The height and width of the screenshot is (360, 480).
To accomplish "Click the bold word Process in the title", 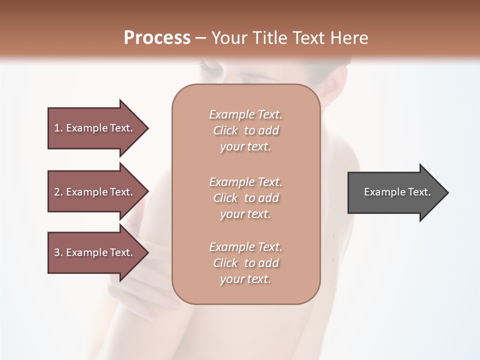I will (157, 37).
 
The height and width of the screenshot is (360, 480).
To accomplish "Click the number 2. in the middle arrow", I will (58, 192).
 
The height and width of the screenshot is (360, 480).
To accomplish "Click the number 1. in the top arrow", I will (58, 128).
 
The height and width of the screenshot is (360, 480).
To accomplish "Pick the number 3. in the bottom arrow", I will (58, 252).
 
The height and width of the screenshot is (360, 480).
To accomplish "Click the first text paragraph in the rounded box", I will (245, 130).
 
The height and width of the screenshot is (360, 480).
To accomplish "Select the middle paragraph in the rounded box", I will (245, 198).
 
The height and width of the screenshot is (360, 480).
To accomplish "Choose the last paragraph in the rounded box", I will (245, 263).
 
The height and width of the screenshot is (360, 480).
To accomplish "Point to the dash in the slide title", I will (201, 38).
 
